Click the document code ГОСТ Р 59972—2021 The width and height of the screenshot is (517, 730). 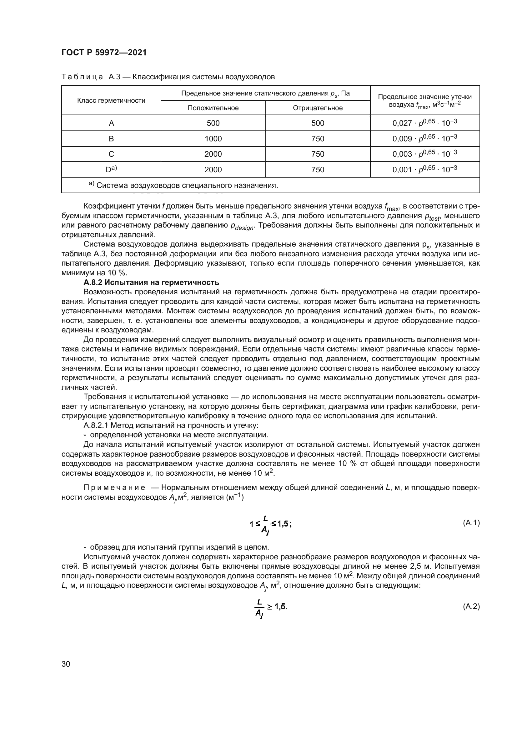[104, 53]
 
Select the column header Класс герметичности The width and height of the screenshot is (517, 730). [111, 100]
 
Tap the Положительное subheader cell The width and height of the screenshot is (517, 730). [213, 108]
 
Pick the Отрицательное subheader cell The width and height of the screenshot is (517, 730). [317, 108]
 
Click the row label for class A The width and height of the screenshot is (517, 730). [111, 123]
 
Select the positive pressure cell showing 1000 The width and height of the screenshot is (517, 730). [213, 139]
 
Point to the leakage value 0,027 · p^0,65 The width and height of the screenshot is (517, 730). [424, 123]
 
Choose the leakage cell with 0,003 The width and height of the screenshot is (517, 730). [424, 154]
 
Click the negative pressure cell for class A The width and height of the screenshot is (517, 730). [317, 123]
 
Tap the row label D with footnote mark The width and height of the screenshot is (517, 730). [111, 169]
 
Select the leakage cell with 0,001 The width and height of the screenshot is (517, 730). [424, 169]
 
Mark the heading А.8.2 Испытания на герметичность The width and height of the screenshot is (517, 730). [151, 282]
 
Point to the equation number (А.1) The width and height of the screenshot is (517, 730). [471, 523]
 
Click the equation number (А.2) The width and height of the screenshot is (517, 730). [471, 606]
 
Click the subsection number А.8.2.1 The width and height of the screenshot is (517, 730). [95, 425]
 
